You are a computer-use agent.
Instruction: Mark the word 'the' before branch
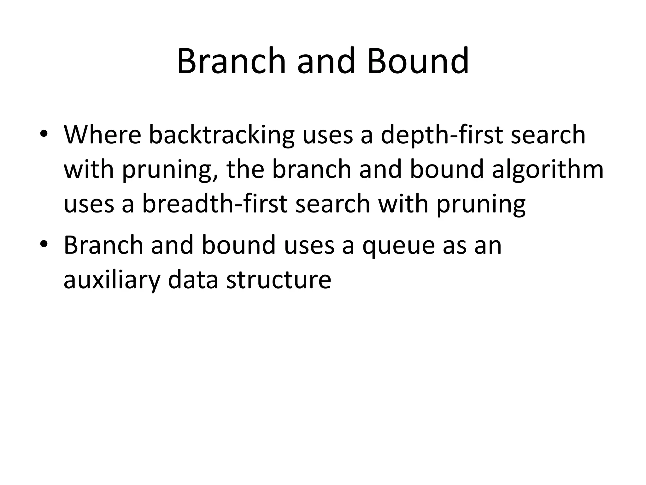tap(245, 169)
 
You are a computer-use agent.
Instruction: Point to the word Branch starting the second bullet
tap(103, 245)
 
